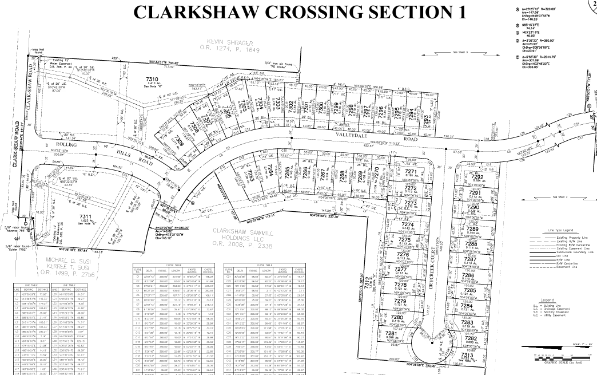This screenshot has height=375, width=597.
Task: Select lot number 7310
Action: coord(137,78)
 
